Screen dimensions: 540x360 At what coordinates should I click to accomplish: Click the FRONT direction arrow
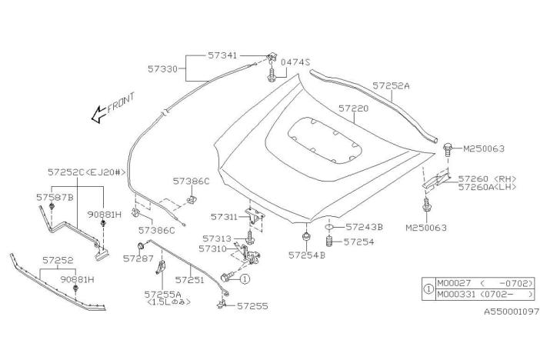tap(98, 114)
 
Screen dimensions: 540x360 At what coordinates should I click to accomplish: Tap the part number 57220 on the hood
tap(353, 108)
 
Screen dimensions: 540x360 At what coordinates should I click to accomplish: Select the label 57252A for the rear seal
tap(391, 85)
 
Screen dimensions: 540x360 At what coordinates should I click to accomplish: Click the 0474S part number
tap(295, 62)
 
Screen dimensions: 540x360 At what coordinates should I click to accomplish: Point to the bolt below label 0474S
tap(272, 75)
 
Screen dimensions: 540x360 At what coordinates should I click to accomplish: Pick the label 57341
tap(222, 55)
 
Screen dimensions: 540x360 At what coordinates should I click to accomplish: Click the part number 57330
tap(162, 69)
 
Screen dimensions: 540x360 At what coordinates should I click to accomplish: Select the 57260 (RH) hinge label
tap(487, 178)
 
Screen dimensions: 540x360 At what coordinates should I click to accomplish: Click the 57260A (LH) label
tap(487, 187)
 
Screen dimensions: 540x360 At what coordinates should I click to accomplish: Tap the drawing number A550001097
tap(512, 312)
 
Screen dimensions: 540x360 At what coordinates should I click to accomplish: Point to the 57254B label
tap(306, 255)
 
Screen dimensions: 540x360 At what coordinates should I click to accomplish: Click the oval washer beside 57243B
tap(329, 227)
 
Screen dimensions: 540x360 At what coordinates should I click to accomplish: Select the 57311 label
tap(224, 217)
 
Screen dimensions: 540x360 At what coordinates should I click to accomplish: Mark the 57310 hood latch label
tap(212, 248)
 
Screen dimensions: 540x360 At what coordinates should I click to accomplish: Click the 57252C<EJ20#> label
tap(86, 172)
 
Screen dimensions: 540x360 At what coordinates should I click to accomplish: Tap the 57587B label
tap(55, 198)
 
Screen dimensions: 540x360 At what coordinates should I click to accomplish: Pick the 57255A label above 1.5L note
tap(162, 294)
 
